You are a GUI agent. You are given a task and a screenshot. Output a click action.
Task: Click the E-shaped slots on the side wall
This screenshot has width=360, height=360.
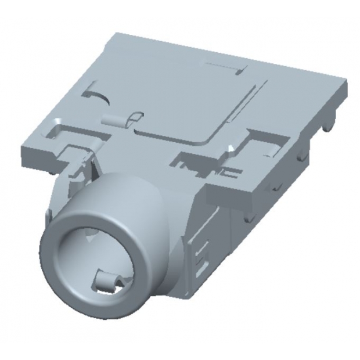(200, 258)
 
